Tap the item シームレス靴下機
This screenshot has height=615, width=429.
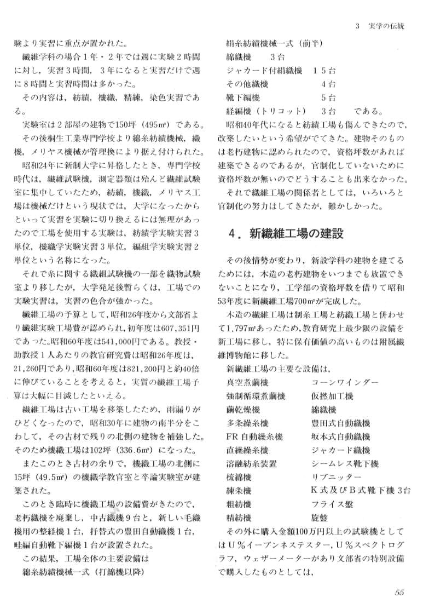(x=344, y=463)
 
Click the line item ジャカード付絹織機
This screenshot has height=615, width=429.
(x=264, y=71)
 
